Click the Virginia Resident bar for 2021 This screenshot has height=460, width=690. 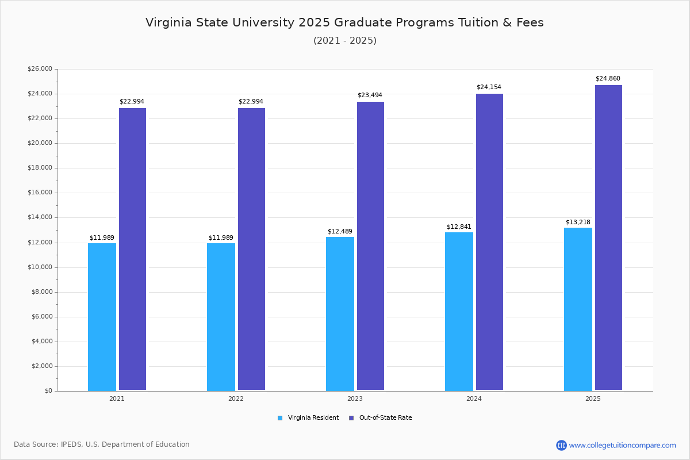[102, 317]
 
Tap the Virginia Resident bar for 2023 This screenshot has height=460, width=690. [340, 314]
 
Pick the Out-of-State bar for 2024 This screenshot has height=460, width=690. [489, 242]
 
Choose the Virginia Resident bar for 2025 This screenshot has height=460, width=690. [578, 309]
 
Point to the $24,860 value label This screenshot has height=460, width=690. [608, 78]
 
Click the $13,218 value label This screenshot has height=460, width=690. [578, 222]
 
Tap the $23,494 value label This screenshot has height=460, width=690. [370, 95]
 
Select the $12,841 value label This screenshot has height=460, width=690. [459, 227]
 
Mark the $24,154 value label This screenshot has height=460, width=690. [489, 87]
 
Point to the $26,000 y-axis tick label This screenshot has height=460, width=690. [40, 69]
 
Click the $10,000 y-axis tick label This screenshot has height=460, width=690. [40, 267]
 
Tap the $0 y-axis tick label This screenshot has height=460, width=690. [48, 391]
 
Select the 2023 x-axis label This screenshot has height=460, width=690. [355, 398]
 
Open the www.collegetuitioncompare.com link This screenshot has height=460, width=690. [622, 445]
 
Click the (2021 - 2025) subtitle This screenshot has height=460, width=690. [345, 40]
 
